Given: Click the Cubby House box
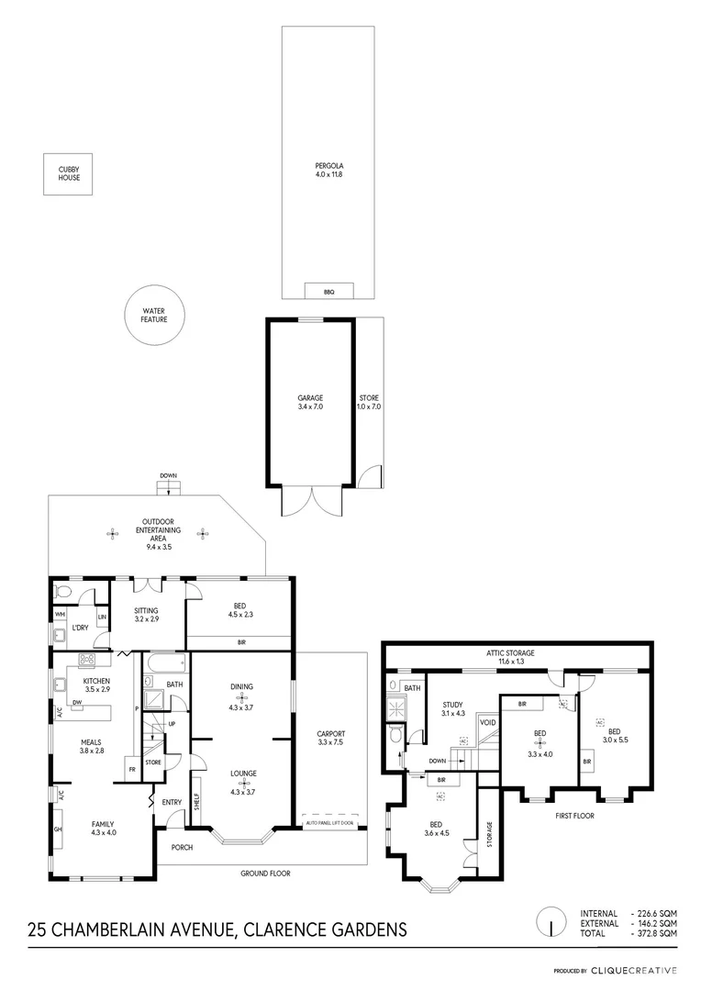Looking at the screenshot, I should point(70,173).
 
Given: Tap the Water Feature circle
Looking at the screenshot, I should point(152,317).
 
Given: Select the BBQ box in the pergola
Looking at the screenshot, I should point(328,291).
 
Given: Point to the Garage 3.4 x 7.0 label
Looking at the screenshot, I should point(311,402).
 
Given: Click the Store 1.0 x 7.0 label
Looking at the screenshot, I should point(369,402).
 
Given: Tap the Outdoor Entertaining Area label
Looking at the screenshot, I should point(157,535).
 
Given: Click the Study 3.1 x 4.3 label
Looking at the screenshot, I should point(453,709).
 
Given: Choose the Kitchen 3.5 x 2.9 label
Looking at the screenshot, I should point(96,685).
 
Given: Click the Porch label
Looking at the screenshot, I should point(182,847).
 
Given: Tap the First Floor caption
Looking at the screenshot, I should point(576,814).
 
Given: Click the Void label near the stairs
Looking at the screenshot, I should point(487,723).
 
